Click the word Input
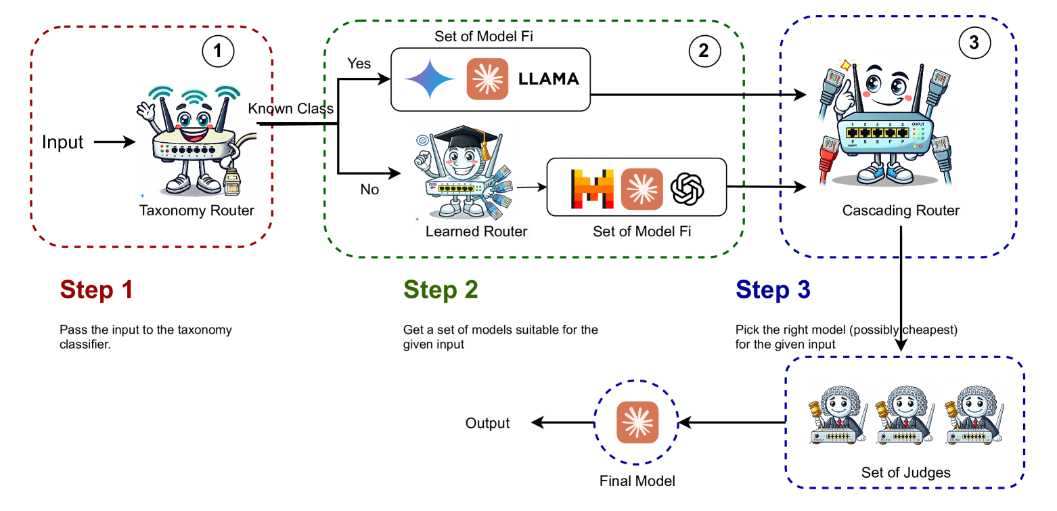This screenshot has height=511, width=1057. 62,142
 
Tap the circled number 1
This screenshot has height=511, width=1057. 217,51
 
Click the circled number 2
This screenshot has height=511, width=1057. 704,51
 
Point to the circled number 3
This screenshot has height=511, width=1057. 974,43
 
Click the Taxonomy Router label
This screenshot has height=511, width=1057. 196,210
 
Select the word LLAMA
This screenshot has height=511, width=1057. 548,79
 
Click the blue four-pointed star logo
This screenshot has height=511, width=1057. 430,79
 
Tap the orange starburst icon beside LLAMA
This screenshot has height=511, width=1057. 487,79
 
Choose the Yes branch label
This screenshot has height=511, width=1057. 359,64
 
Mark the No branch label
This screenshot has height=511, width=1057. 369,190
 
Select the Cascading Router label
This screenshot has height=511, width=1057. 901,210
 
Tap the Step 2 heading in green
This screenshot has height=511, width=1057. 441,290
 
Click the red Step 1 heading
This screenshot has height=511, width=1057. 96,290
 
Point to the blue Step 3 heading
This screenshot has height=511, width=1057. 773,290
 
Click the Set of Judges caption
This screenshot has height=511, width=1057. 905,472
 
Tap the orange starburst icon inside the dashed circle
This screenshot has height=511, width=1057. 637,422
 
